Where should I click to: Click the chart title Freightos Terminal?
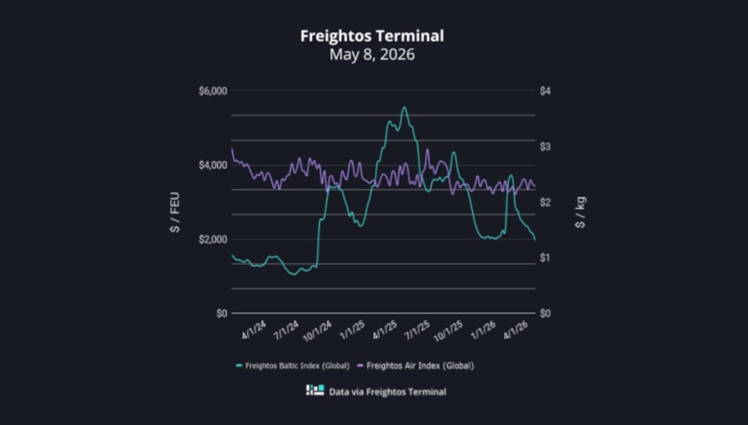point(372,36)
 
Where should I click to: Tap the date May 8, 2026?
point(372,54)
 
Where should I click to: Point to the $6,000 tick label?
point(213,91)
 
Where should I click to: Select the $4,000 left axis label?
point(213,165)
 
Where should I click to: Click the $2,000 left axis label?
point(213,239)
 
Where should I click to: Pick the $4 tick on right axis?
point(545,91)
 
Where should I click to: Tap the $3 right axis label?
point(545,147)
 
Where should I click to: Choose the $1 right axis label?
point(545,258)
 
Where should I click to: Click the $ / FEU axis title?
point(175,213)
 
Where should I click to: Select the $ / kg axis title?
point(580,213)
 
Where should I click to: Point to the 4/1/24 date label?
point(254,330)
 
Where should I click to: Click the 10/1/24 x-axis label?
point(317,331)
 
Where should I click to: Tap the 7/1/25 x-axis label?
point(417,330)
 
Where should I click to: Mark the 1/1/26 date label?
point(483,330)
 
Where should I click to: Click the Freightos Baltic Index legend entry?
point(293,366)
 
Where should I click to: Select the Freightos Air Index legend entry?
point(415,366)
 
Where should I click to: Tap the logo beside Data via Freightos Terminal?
point(315,390)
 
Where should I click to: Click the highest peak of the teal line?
point(404,107)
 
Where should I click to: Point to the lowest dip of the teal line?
point(293,274)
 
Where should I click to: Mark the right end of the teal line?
point(535,240)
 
